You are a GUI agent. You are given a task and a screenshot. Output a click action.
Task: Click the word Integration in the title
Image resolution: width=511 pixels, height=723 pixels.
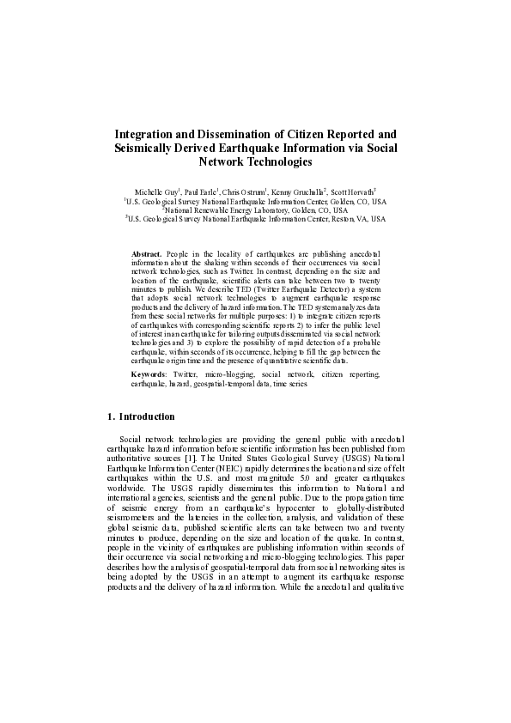tap(148, 135)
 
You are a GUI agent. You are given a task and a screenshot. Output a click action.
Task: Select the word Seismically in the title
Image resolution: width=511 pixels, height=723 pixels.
tap(149, 148)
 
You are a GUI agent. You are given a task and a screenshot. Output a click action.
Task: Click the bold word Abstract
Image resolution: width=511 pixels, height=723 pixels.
tap(147, 256)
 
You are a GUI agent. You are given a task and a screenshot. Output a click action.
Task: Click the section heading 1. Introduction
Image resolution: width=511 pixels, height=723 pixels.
tap(142, 416)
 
